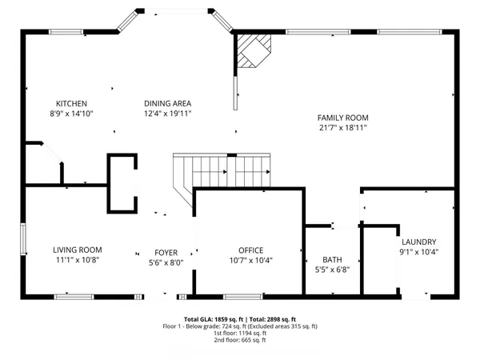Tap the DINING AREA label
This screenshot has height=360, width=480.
click(167, 103)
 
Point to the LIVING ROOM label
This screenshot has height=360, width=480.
click(78, 250)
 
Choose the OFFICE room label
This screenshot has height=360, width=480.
click(250, 250)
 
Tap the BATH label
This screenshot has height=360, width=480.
click(332, 259)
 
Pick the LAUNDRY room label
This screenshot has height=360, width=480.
click(418, 242)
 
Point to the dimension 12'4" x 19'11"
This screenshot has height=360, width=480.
click(167, 114)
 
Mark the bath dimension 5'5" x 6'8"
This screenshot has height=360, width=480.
click(332, 270)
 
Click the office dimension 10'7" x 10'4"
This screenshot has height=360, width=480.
click(250, 260)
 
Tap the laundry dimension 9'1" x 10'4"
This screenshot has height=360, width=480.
click(418, 252)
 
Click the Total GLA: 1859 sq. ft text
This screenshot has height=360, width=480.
click(214, 318)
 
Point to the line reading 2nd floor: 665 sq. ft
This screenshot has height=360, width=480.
click(240, 340)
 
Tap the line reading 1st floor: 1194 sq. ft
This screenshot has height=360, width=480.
click(240, 333)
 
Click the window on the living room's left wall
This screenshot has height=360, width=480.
click(22, 241)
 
